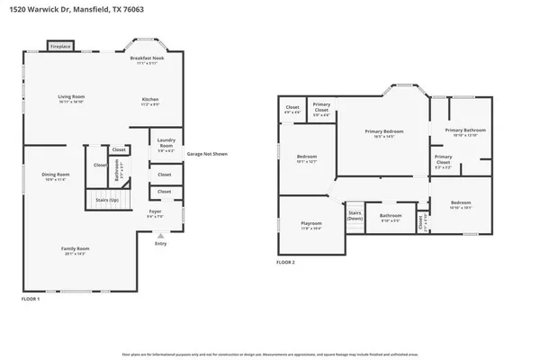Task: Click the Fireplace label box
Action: coord(60,45)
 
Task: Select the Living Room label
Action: coord(70,100)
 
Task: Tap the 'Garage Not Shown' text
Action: coord(207,154)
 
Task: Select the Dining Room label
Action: coord(56,177)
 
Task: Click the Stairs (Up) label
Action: coord(105,200)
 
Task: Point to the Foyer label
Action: coord(155,214)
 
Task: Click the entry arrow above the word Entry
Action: coord(160,235)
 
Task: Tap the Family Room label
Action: coord(75,251)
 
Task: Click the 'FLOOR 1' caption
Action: coord(31,298)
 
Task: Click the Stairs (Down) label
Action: coord(355,216)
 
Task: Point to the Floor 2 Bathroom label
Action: coord(390,217)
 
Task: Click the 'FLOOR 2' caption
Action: coord(286,263)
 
